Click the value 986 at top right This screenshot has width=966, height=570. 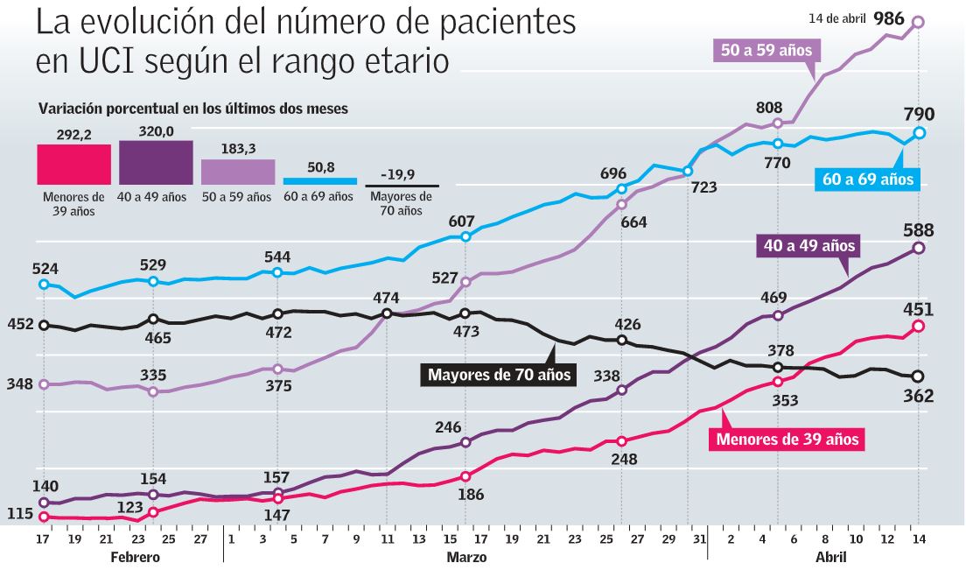[x=888, y=18]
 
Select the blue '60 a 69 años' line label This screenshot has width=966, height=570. [x=868, y=179]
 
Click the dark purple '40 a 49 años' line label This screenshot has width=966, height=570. [x=808, y=246]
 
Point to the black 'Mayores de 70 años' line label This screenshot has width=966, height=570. [x=499, y=376]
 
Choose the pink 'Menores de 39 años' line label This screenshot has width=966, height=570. [x=787, y=439]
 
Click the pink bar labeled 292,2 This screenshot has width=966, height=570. [x=73, y=164]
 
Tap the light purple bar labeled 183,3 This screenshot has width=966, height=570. [x=238, y=172]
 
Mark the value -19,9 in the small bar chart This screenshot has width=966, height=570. [x=401, y=172]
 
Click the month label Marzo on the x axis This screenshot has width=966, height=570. [x=466, y=556]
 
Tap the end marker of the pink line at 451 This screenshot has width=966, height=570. [x=918, y=326]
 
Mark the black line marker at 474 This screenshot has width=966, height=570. [x=387, y=313]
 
